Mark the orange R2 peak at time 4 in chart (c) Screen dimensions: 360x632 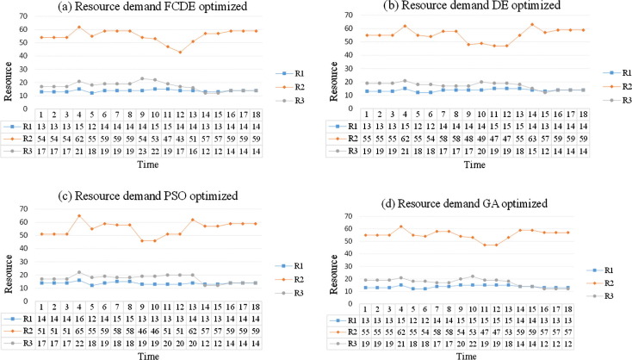click(79, 215)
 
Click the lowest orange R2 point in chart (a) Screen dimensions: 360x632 click(181, 52)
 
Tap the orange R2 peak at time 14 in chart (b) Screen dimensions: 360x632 click(531, 25)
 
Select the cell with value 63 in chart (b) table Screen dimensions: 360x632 click(531, 138)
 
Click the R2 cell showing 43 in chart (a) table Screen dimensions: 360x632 click(181, 138)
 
